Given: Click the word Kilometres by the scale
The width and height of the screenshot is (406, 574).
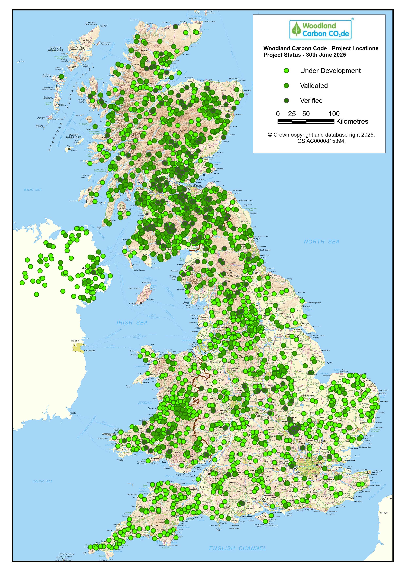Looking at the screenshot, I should click(x=352, y=122).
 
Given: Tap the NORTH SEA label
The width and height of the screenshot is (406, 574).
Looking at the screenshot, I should click(x=322, y=242).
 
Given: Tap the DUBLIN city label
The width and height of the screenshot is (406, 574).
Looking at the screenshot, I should click(x=75, y=341).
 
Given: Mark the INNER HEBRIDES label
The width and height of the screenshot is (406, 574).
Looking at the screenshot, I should click(x=74, y=136).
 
